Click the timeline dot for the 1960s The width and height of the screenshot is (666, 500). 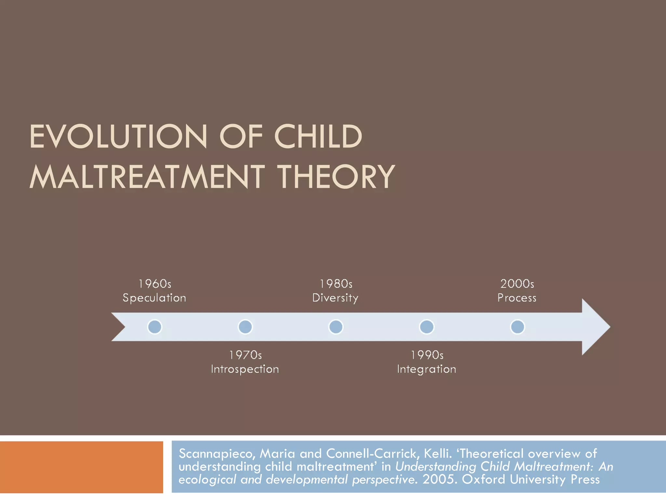tap(154, 327)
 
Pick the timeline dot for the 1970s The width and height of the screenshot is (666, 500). tap(245, 327)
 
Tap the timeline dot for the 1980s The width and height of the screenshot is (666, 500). tap(336, 327)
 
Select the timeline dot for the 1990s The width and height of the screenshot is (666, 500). tap(426, 327)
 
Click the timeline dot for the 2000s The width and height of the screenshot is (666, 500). tap(517, 327)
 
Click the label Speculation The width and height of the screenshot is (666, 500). tap(154, 298)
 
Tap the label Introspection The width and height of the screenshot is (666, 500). tap(245, 369)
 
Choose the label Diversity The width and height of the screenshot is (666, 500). tap(335, 298)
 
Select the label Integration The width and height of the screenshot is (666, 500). tap(426, 369)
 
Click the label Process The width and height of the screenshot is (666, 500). tap(517, 298)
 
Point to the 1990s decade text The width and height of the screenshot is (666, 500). tap(427, 355)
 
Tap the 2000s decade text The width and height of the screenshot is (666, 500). tap(517, 284)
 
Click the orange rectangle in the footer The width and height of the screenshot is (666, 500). tap(81, 467)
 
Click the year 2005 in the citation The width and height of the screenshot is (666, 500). tap(438, 479)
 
